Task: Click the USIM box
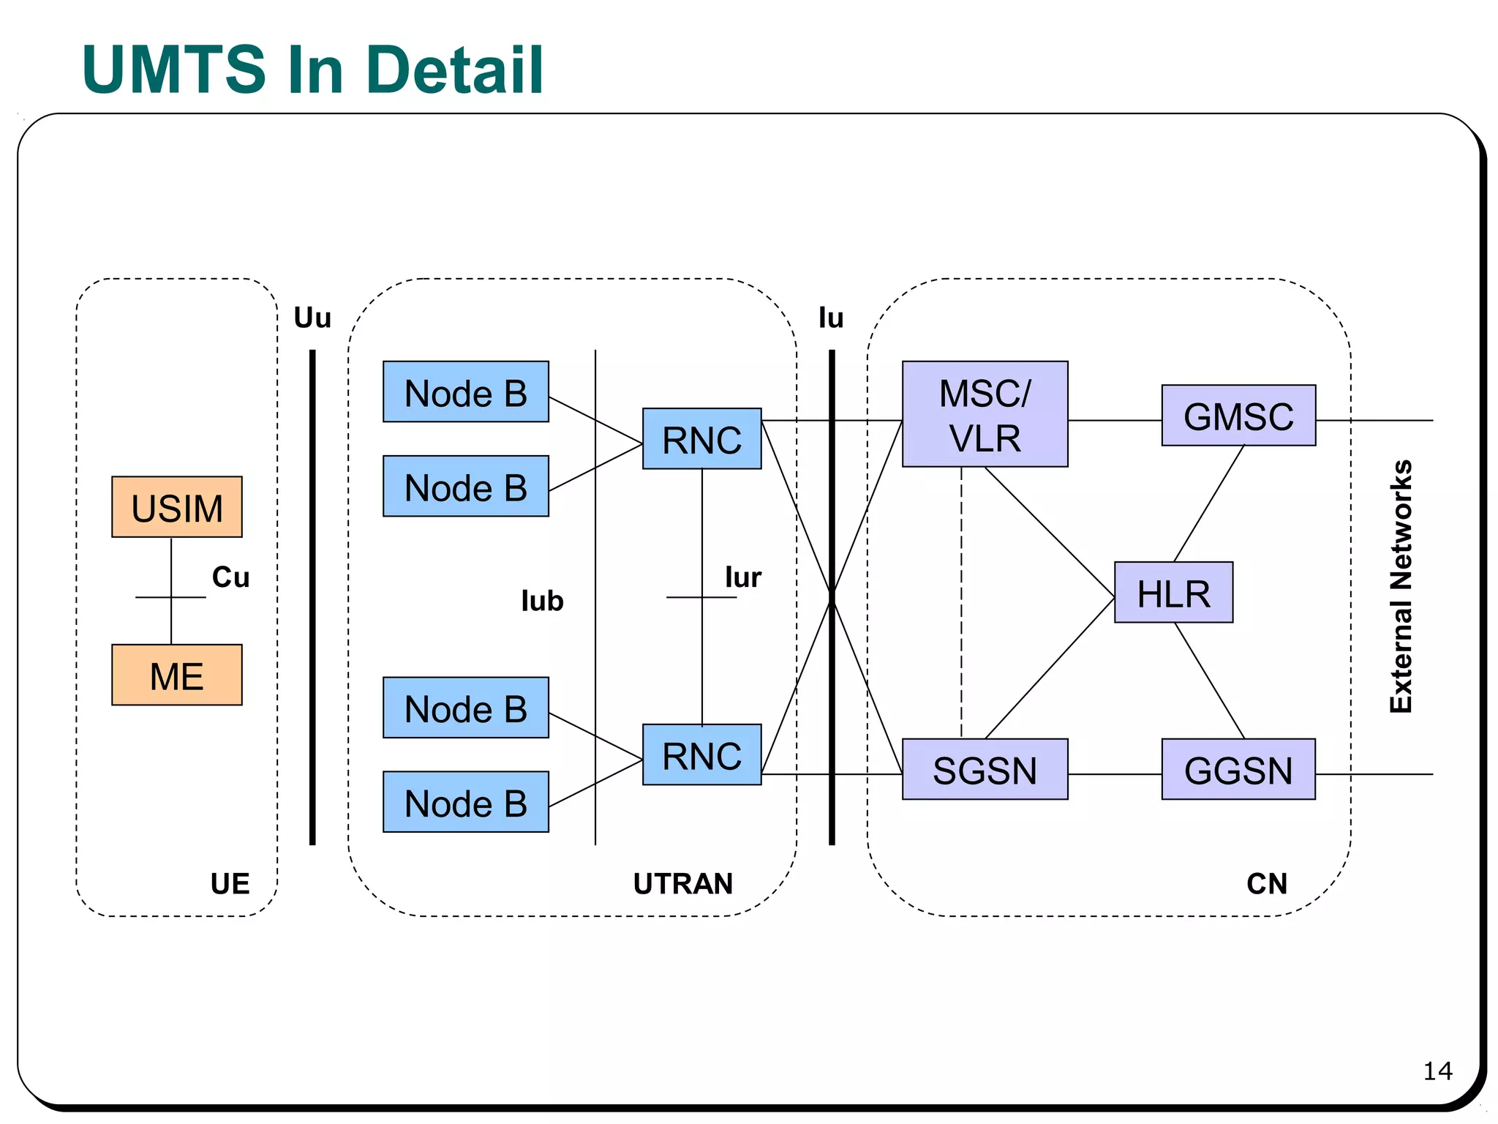pyautogui.click(x=176, y=507)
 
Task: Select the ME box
pyautogui.click(x=176, y=675)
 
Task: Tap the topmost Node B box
pyautogui.click(x=465, y=391)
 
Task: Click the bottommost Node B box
pyautogui.click(x=465, y=802)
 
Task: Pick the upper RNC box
pyautogui.click(x=701, y=439)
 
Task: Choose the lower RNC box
pyautogui.click(x=701, y=755)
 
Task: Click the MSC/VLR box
pyautogui.click(x=985, y=414)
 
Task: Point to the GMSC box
pyautogui.click(x=1238, y=416)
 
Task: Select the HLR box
pyautogui.click(x=1173, y=593)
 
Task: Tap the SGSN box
pyautogui.click(x=985, y=769)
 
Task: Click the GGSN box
pyautogui.click(x=1238, y=769)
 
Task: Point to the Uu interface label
pyautogui.click(x=312, y=318)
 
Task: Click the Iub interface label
pyautogui.click(x=542, y=601)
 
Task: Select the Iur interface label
pyautogui.click(x=742, y=577)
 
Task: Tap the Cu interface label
pyautogui.click(x=230, y=577)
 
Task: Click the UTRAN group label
pyautogui.click(x=682, y=884)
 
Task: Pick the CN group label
pyautogui.click(x=1266, y=884)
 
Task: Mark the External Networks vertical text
pyautogui.click(x=1401, y=586)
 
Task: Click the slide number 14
pyautogui.click(x=1437, y=1071)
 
